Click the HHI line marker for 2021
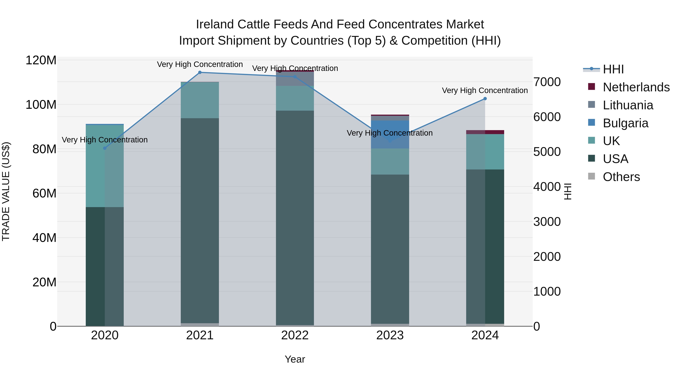click(x=200, y=72)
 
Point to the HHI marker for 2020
click(x=105, y=148)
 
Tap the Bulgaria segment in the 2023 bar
click(x=390, y=134)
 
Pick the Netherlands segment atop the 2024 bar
click(x=485, y=132)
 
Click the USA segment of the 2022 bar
click(x=295, y=217)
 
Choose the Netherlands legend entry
click(x=636, y=87)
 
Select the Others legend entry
click(x=621, y=177)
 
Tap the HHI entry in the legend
click(x=613, y=69)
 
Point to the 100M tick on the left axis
click(x=41, y=105)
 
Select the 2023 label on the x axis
click(x=390, y=335)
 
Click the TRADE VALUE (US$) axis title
click(x=6, y=191)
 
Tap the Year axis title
click(x=295, y=359)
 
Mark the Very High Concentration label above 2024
click(x=485, y=90)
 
